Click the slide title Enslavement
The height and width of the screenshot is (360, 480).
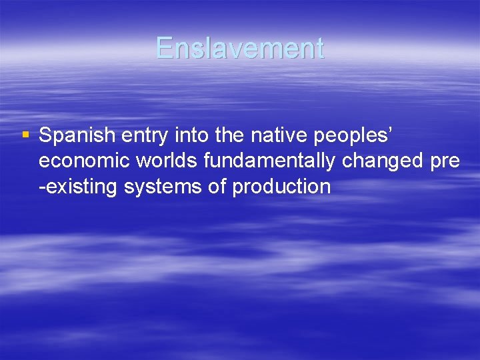click(240, 49)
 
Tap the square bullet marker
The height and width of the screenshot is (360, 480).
click(25, 135)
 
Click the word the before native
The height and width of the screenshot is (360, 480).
click(231, 136)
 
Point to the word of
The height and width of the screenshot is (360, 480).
click(217, 187)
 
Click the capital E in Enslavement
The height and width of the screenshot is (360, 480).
click(165, 49)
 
